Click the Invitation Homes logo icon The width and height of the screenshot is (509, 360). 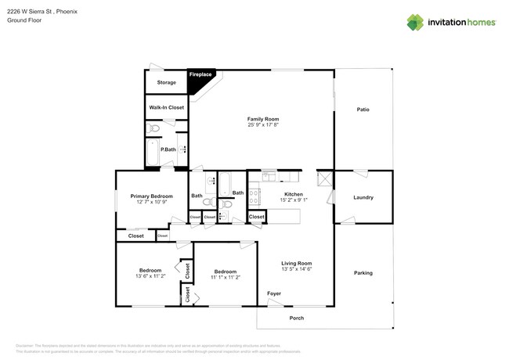click(x=415, y=22)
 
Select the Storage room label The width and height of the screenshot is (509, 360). click(x=166, y=82)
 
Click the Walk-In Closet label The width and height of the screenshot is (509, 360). click(x=166, y=107)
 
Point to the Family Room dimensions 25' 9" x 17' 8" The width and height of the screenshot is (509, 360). click(x=263, y=124)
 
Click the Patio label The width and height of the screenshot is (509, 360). click(x=363, y=110)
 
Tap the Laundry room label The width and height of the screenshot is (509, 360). click(x=363, y=198)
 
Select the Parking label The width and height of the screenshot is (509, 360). click(x=363, y=273)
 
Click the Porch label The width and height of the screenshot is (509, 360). click(x=297, y=318)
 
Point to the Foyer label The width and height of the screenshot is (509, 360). click(x=274, y=293)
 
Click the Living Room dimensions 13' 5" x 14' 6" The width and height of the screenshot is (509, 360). click(x=297, y=269)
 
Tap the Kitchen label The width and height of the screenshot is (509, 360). click(x=294, y=193)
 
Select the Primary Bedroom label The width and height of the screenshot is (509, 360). click(x=151, y=196)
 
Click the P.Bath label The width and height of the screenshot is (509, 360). click(x=168, y=149)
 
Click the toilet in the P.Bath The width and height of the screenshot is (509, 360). click(x=154, y=128)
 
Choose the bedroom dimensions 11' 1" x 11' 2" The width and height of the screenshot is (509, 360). click(x=226, y=277)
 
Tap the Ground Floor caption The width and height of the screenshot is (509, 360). click(x=23, y=20)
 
